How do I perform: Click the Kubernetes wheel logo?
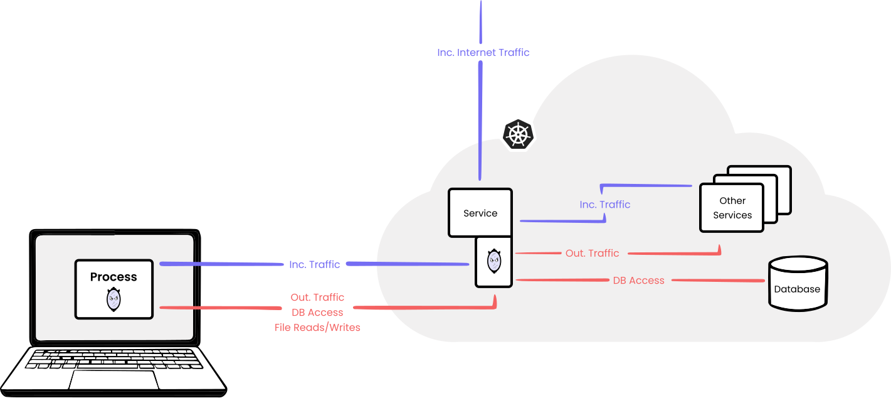coord(518,134)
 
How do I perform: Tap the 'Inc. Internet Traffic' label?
coord(483,53)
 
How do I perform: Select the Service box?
coord(480,213)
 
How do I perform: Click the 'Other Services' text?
coord(732,208)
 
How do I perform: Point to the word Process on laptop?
coord(113,277)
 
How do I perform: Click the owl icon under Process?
coord(113,299)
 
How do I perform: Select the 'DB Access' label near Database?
coord(638,281)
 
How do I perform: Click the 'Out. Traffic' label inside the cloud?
coord(592,254)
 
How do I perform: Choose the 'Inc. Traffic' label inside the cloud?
coord(604,205)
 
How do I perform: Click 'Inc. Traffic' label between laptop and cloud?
coord(314,264)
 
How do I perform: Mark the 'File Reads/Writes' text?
coord(317,328)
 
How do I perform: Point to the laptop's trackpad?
coord(113,380)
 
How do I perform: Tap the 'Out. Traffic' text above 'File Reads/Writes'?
coord(317,298)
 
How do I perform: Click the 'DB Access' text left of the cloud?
coord(317,313)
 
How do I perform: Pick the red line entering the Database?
coord(721,280)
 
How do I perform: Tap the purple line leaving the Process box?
coord(219,264)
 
